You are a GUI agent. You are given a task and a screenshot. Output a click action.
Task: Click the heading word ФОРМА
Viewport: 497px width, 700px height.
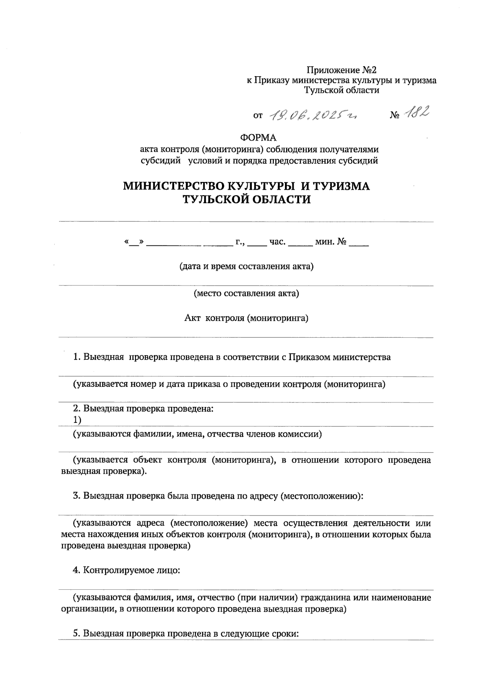click(x=258, y=137)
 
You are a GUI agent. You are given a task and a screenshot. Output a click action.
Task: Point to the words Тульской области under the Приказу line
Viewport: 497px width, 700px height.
click(x=342, y=90)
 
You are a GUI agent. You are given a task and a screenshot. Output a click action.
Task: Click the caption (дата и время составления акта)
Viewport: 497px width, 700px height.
click(x=246, y=266)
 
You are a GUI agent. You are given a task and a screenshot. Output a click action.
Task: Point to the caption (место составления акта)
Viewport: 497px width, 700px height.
click(x=246, y=293)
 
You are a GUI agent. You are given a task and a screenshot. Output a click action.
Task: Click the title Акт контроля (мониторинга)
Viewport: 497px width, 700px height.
click(x=246, y=318)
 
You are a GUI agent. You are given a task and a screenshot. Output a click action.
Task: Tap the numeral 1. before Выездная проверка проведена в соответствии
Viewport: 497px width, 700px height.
click(x=76, y=357)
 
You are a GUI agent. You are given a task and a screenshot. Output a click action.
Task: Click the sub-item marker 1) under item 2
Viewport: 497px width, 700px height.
click(x=77, y=420)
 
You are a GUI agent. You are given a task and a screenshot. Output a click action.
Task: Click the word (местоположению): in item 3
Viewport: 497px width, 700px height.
click(x=322, y=496)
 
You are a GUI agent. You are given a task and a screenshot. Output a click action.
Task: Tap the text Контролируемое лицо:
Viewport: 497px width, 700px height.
click(x=132, y=570)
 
